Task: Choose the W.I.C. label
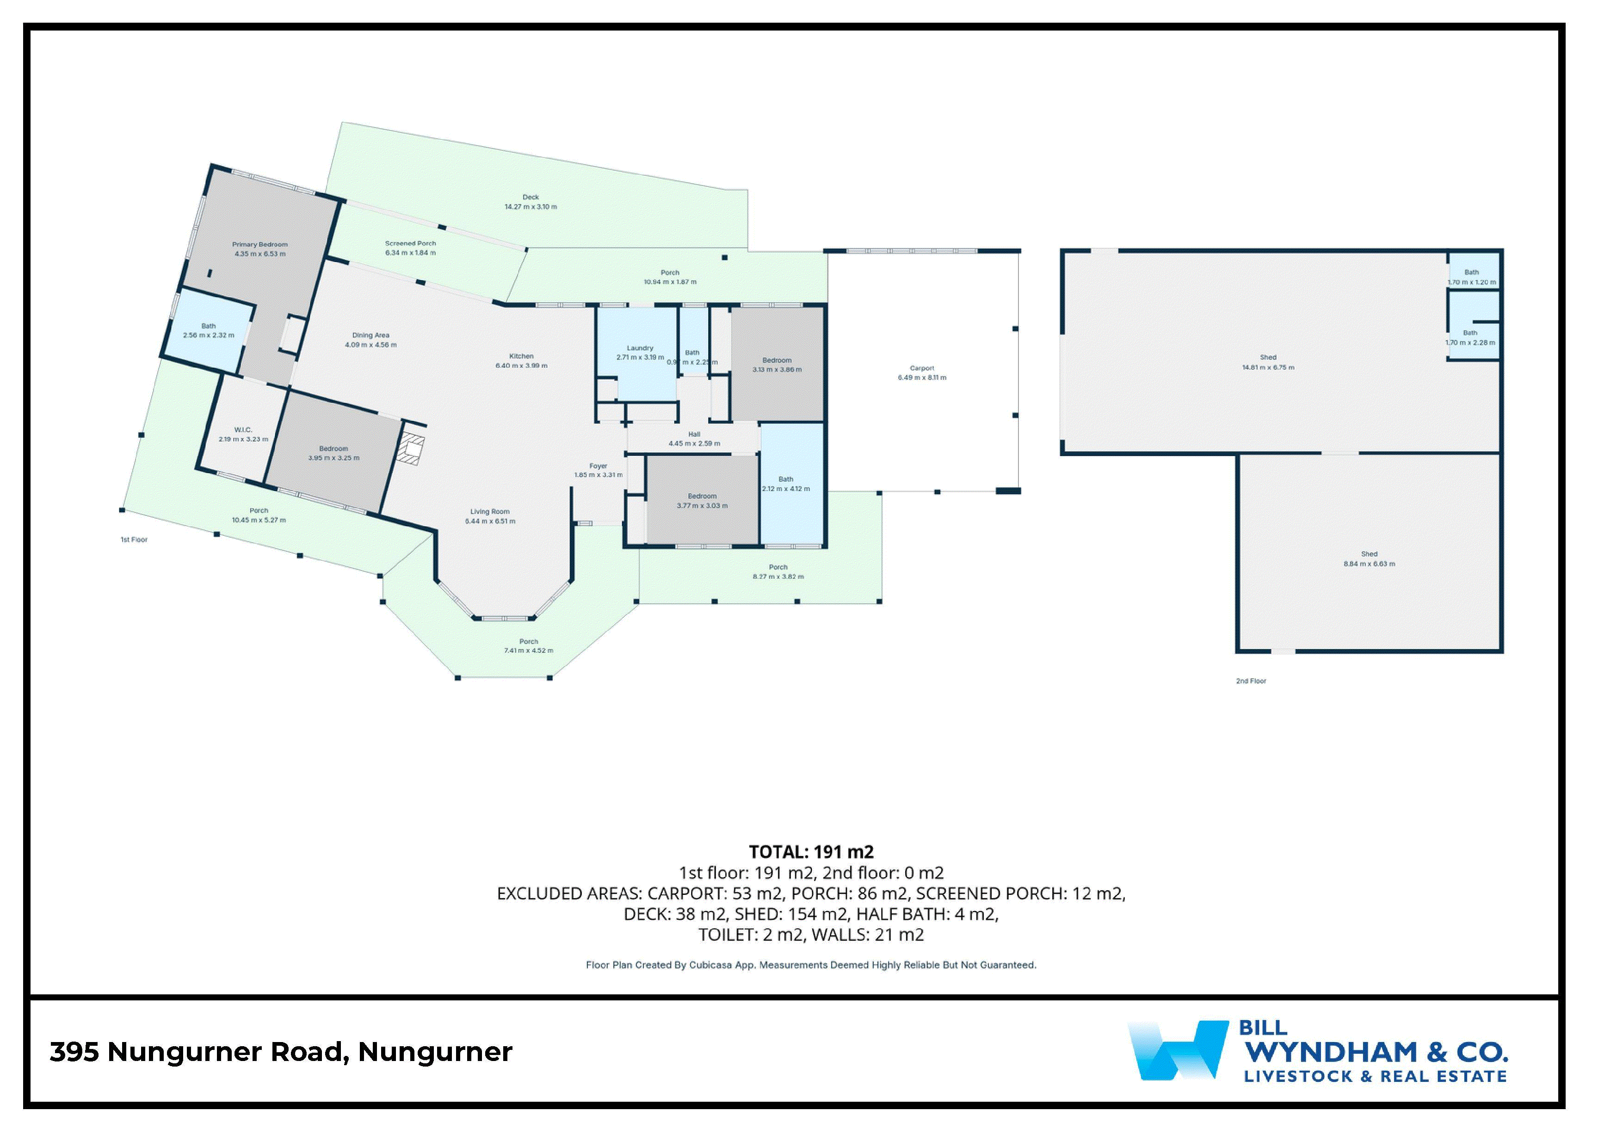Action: [x=243, y=429]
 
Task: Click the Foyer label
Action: [x=598, y=466]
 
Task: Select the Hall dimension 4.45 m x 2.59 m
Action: [x=694, y=443]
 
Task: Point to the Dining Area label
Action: [x=371, y=335]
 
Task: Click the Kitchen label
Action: [x=521, y=356]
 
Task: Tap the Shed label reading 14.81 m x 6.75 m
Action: [x=1268, y=367]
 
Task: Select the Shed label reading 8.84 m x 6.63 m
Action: [x=1369, y=564]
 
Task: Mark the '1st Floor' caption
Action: [x=134, y=540]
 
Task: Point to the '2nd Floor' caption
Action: [x=1251, y=681]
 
